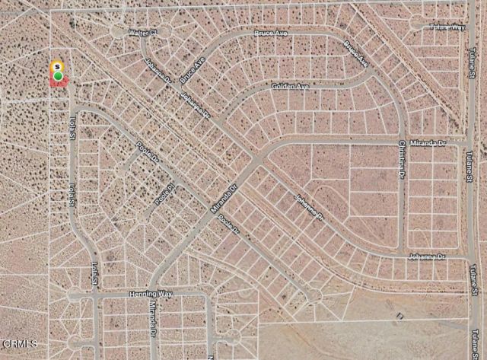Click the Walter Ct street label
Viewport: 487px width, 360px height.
pyautogui.click(x=142, y=33)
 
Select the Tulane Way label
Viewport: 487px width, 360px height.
pyautogui.click(x=447, y=27)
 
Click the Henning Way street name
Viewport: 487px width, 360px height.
pyautogui.click(x=151, y=293)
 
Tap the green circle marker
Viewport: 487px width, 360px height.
pyautogui.click(x=58, y=75)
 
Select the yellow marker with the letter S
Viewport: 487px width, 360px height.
pyautogui.click(x=57, y=67)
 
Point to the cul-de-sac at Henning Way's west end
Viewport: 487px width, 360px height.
pyautogui.click(x=73, y=295)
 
